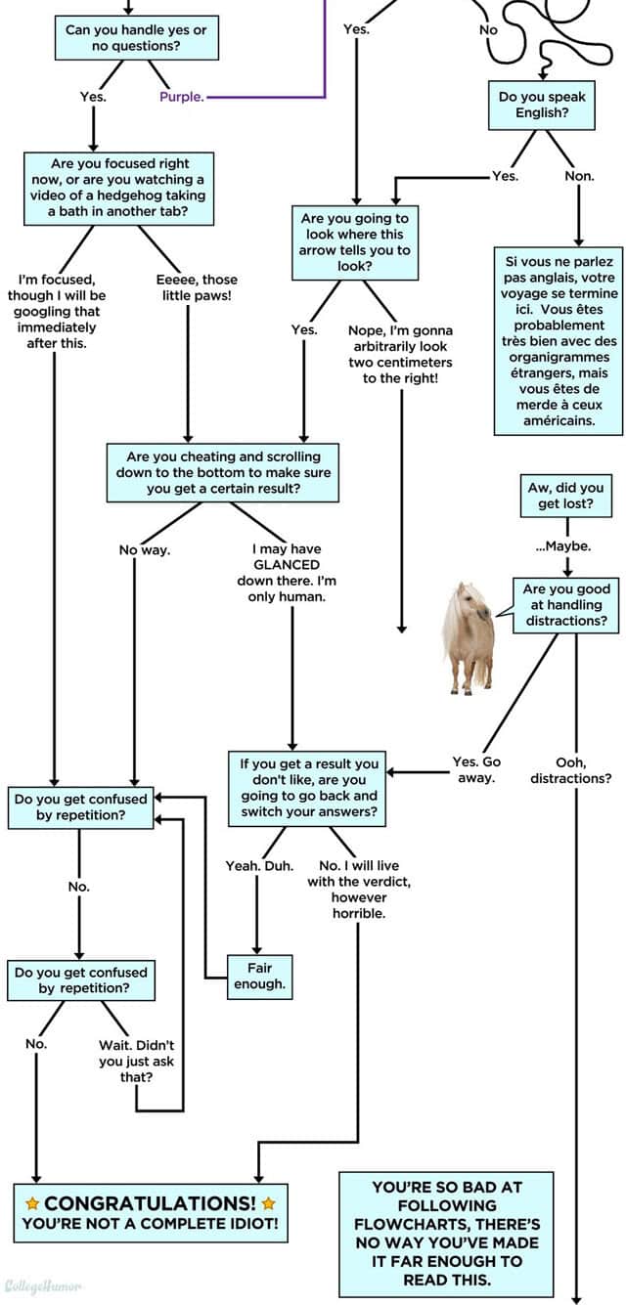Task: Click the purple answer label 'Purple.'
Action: coord(181,97)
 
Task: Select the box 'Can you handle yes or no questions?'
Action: coord(136,38)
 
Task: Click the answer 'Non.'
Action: coord(579,176)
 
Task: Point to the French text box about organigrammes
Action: coord(559,340)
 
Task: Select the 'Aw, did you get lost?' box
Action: coord(566,496)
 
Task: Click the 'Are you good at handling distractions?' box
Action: coord(566,604)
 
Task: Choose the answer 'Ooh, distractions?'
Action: coord(571,769)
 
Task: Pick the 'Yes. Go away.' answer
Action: coord(476,769)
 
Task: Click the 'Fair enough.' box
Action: coord(259,976)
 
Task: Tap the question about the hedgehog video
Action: coord(119,186)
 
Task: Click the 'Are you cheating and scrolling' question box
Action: coord(223,472)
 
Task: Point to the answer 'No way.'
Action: coord(145,550)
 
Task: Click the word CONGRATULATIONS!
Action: coord(150,1202)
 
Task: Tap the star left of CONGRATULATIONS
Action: coord(31,1202)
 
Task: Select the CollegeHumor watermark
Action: coord(43,1285)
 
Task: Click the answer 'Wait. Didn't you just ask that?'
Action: coord(136,1061)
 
